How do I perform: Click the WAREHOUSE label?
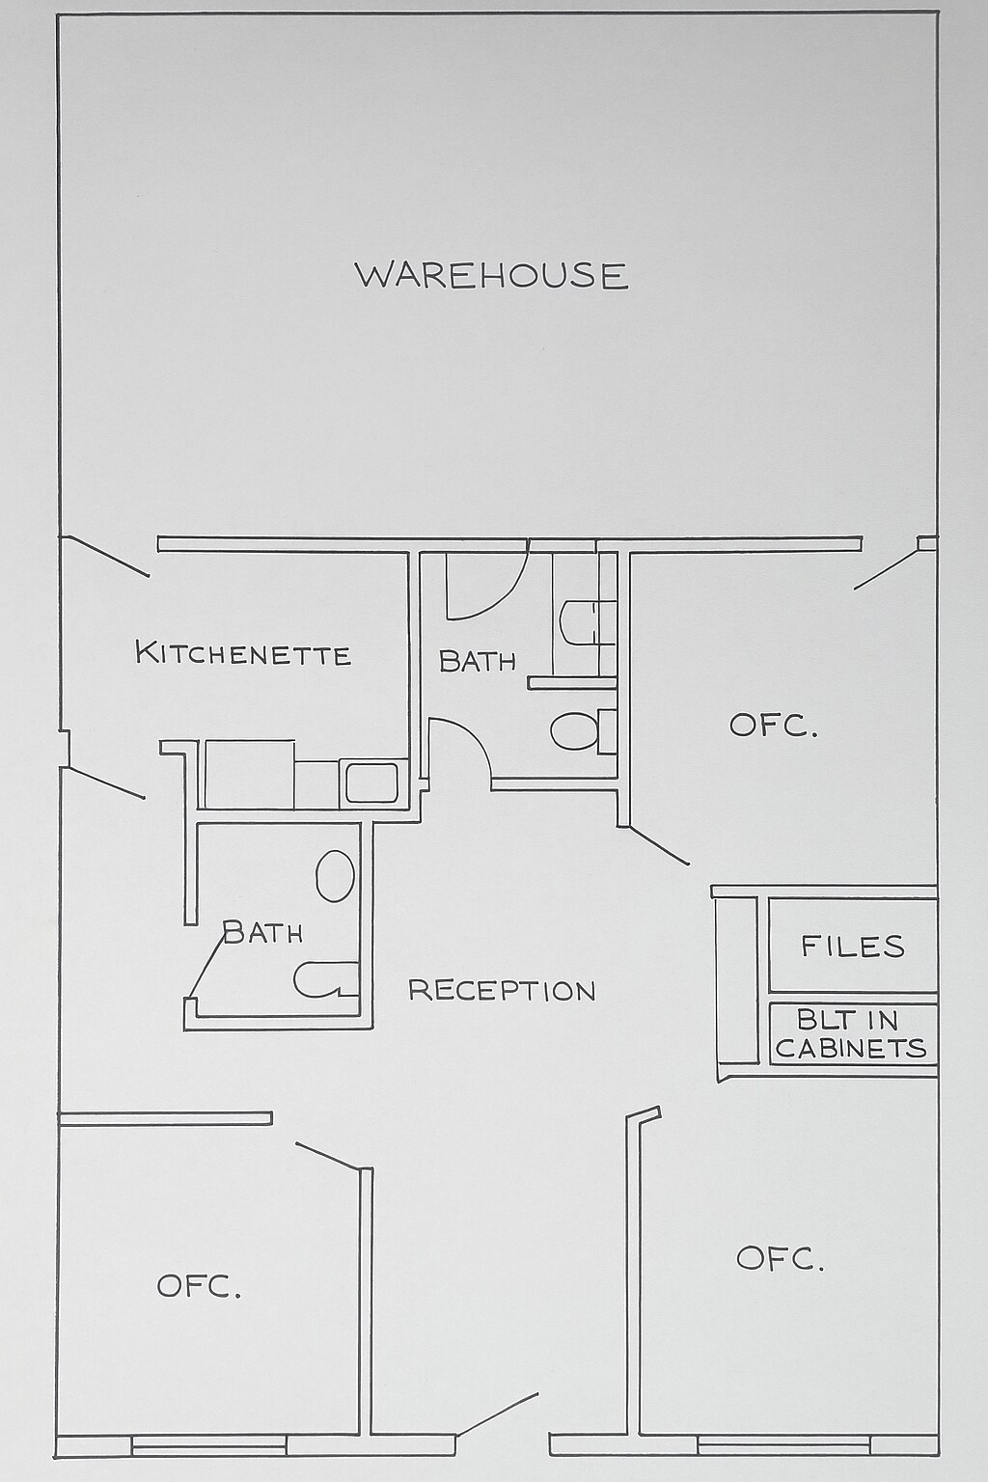(x=492, y=276)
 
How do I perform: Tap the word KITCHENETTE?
(x=243, y=653)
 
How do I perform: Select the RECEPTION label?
(x=502, y=990)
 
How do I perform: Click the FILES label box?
(x=853, y=946)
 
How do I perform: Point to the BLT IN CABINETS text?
(x=851, y=1034)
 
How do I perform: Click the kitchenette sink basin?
(x=371, y=782)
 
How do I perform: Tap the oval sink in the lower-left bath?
(x=335, y=876)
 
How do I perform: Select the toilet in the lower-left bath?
(x=323, y=979)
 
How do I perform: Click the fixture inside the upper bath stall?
(x=584, y=622)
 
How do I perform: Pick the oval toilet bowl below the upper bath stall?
(x=576, y=731)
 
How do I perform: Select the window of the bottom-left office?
(x=208, y=1444)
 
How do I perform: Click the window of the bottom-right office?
(x=782, y=1444)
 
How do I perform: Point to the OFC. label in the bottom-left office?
(x=199, y=1286)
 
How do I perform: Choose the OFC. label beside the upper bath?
(x=774, y=726)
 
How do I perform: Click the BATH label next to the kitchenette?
(x=477, y=661)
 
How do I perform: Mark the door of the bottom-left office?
(x=328, y=1157)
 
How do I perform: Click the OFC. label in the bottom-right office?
(x=780, y=1258)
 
